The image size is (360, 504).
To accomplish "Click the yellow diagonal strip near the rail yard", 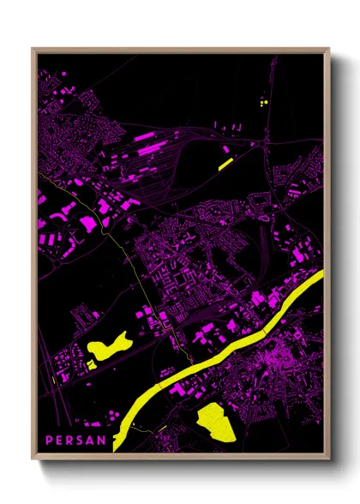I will (x=225, y=160).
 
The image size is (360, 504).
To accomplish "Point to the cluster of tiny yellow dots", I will (x=263, y=102).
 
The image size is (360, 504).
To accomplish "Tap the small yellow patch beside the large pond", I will (x=89, y=363).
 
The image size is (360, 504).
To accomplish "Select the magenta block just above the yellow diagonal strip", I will (x=225, y=148).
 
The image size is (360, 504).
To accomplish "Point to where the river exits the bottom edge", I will (x=120, y=447).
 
